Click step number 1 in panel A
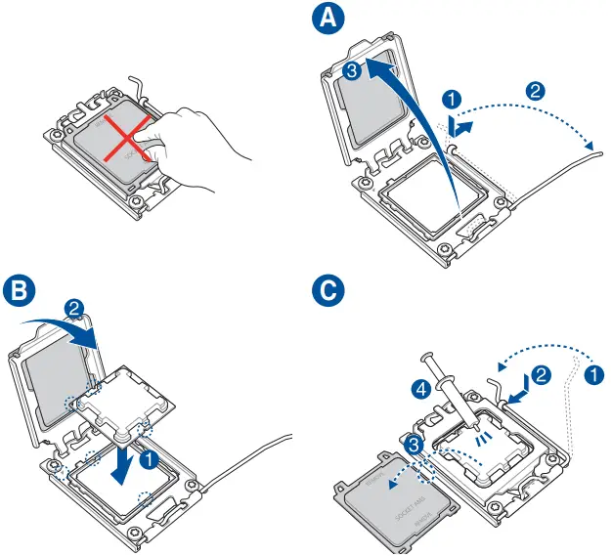pyautogui.click(x=451, y=99)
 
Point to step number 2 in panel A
pyautogui.click(x=535, y=90)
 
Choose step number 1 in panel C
pyautogui.click(x=593, y=373)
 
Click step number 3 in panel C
pyautogui.click(x=415, y=446)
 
